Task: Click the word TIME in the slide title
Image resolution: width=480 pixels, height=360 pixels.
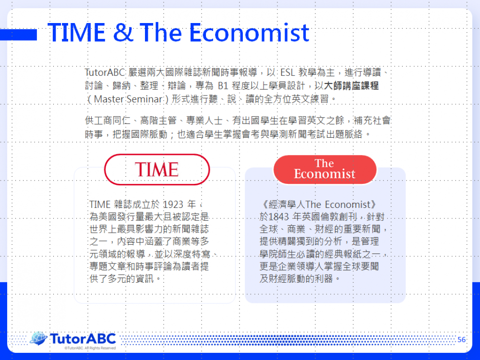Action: (x=76, y=33)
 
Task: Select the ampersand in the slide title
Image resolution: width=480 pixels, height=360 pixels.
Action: (x=123, y=33)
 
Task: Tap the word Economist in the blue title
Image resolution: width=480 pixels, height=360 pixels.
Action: (x=249, y=33)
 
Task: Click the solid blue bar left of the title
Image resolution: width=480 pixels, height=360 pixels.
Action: (x=18, y=35)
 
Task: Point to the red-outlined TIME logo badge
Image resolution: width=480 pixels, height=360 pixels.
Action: (x=157, y=169)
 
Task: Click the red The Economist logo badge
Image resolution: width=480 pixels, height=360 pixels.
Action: (x=325, y=169)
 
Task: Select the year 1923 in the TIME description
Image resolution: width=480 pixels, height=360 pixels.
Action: (x=173, y=204)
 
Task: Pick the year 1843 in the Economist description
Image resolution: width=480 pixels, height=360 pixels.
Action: (x=278, y=217)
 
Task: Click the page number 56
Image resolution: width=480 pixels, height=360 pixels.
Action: (x=462, y=339)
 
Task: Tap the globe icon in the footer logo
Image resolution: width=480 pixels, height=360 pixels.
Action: (x=38, y=338)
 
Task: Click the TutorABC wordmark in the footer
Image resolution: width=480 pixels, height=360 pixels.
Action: (x=83, y=339)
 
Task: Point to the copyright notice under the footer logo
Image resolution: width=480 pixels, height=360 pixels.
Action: (x=90, y=348)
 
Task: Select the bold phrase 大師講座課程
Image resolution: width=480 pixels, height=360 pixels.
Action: (x=351, y=86)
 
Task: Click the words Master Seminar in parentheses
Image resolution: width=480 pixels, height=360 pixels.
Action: (x=128, y=99)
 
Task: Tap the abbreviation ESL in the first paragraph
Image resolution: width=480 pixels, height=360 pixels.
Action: (x=288, y=72)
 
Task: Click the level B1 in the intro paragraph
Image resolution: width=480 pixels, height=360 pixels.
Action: (x=223, y=86)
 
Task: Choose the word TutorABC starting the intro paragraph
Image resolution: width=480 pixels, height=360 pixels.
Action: (x=105, y=72)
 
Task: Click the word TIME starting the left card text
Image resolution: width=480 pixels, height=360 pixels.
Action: (x=100, y=204)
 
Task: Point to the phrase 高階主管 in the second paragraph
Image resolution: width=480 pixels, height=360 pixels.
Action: (x=158, y=120)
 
